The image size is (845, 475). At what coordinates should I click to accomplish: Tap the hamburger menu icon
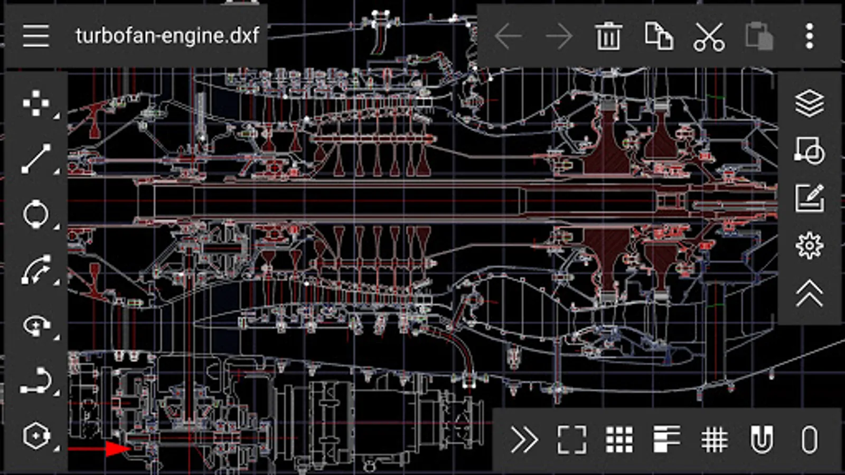click(36, 36)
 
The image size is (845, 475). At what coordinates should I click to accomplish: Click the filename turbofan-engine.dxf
click(167, 36)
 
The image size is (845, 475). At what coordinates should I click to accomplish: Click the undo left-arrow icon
click(508, 36)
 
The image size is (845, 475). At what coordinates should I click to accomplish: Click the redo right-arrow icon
click(559, 36)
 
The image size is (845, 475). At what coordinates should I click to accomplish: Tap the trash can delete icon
click(608, 36)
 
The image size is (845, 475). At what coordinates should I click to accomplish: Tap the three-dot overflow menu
click(810, 36)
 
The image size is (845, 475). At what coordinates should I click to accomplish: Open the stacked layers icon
click(810, 103)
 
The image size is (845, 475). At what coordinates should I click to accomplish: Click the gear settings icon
click(810, 246)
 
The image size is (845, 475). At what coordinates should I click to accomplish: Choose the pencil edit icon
click(810, 198)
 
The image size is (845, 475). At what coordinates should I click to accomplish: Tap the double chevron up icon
click(810, 293)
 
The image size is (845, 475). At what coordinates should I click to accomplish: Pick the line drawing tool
click(36, 159)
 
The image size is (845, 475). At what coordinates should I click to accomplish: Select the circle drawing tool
click(36, 214)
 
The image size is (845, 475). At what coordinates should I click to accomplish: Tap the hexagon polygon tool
click(36, 436)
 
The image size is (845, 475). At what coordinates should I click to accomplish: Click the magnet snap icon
click(762, 440)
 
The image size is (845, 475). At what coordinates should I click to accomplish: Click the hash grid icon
click(714, 440)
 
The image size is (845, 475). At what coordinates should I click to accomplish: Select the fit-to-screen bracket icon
click(572, 440)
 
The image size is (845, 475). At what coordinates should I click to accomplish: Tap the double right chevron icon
click(524, 440)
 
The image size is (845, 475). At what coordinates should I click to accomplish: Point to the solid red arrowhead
click(118, 449)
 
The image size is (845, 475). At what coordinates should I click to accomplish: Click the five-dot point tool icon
click(36, 103)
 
